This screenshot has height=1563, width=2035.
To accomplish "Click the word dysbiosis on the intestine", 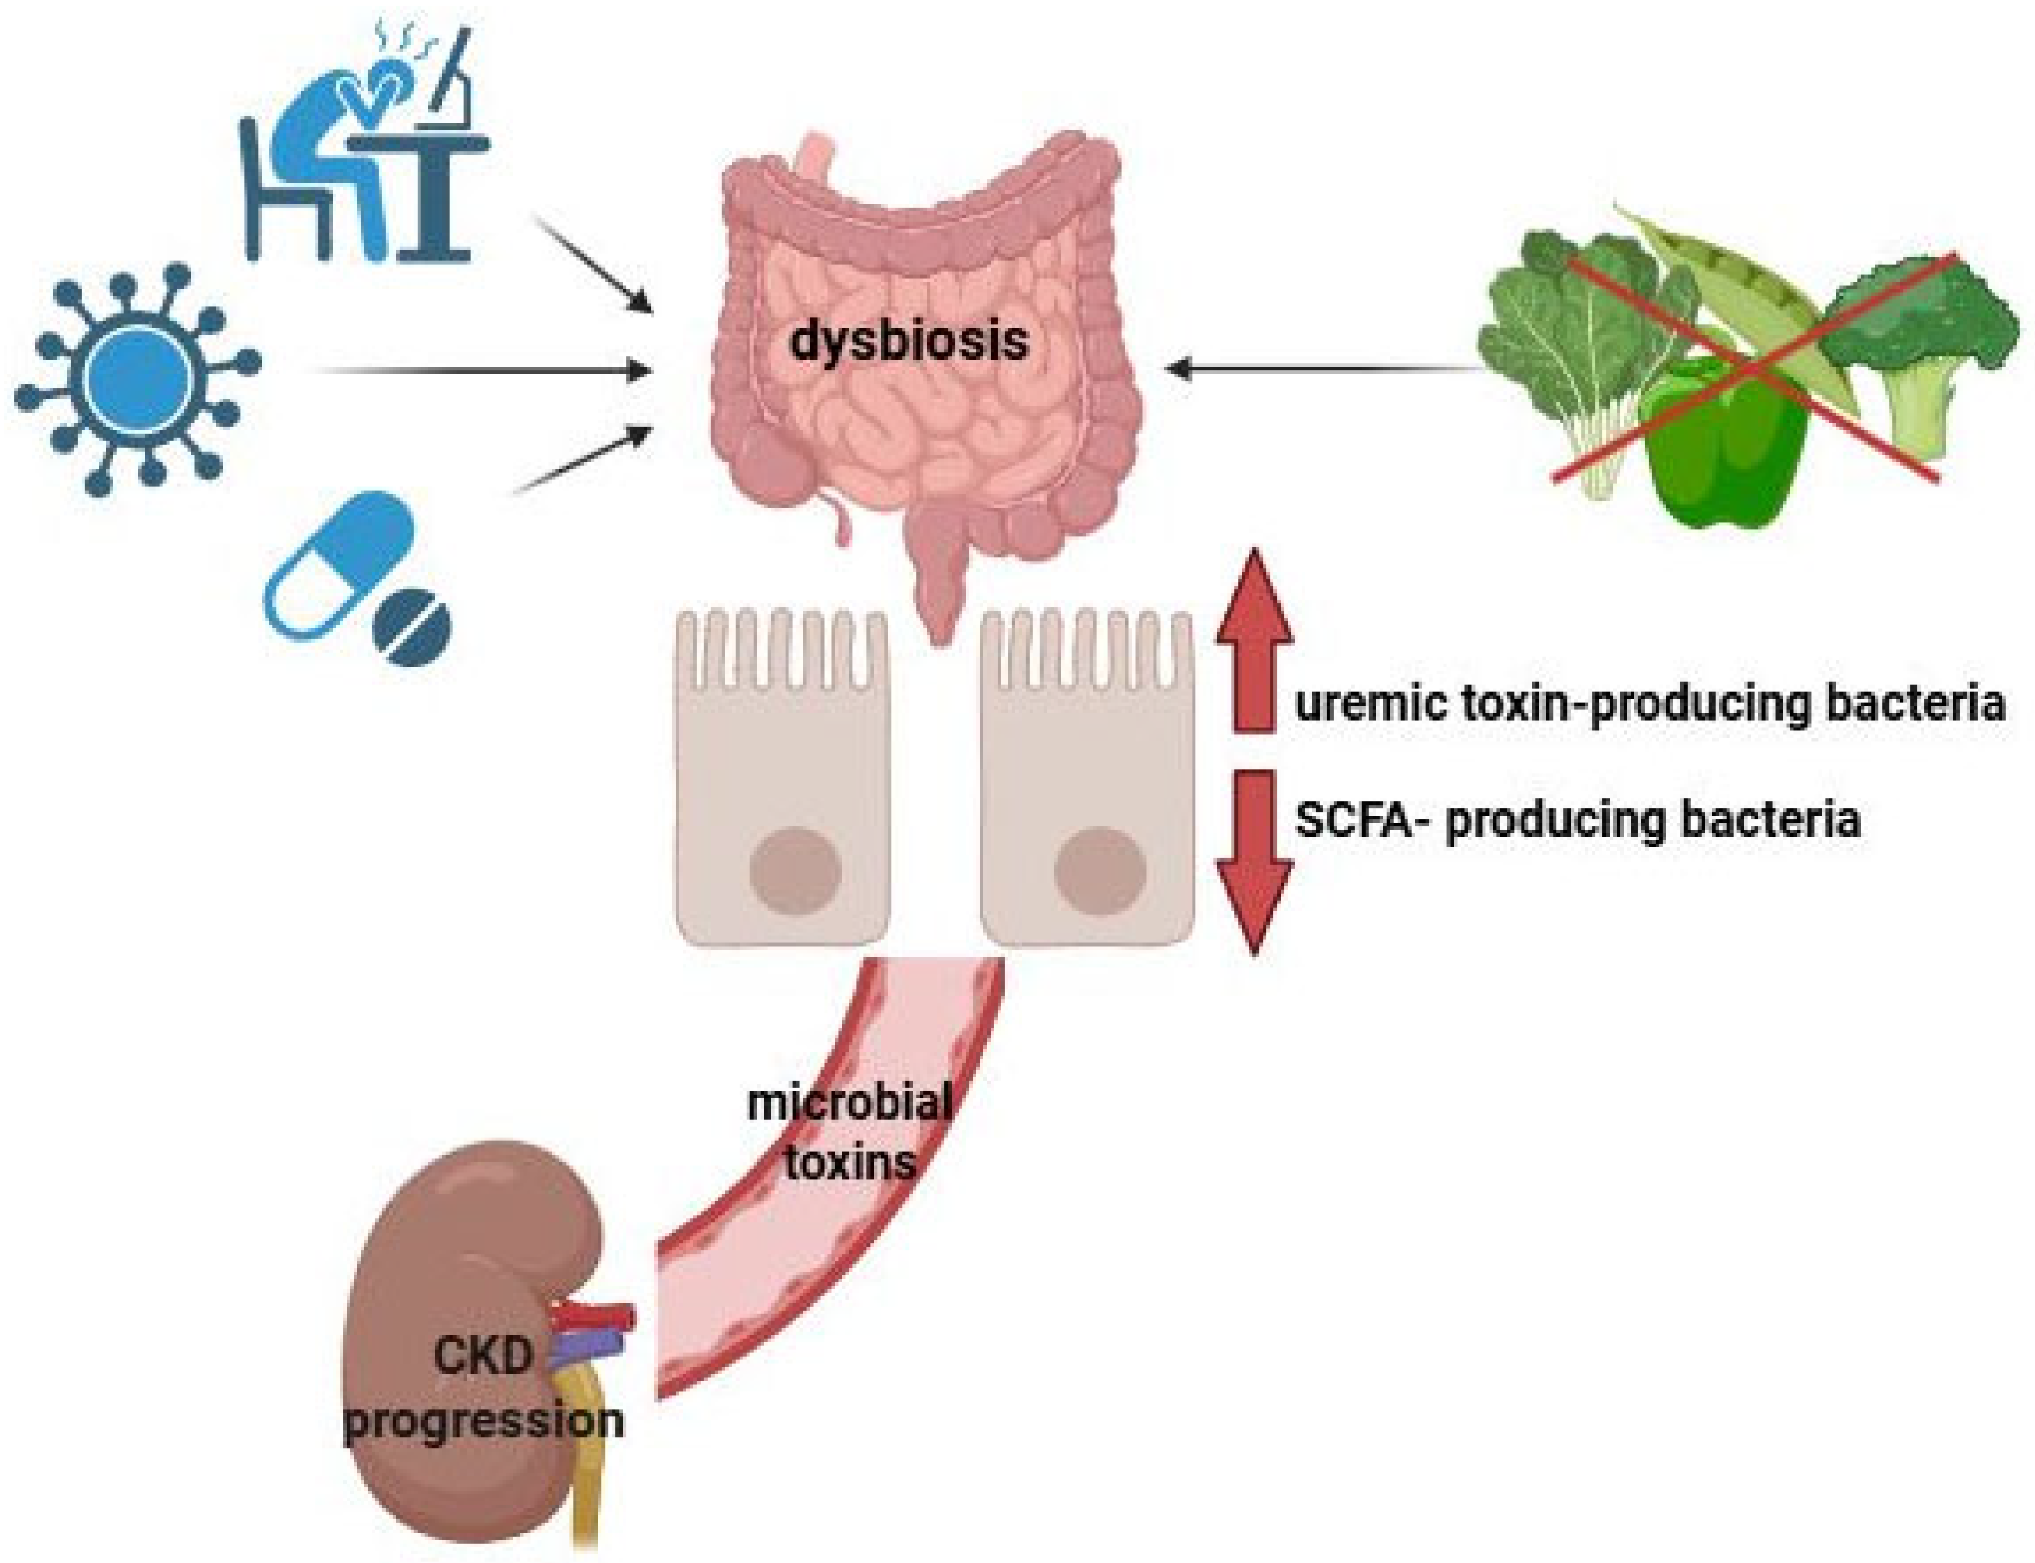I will click(x=909, y=341).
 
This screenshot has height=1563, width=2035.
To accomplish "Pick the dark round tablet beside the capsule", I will click(x=412, y=625).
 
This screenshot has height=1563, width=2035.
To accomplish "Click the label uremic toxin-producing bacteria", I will click(x=1649, y=704).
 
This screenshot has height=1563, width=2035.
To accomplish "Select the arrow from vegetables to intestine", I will click(x=1321, y=370).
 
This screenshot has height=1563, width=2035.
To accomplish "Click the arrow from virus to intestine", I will click(x=484, y=371).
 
